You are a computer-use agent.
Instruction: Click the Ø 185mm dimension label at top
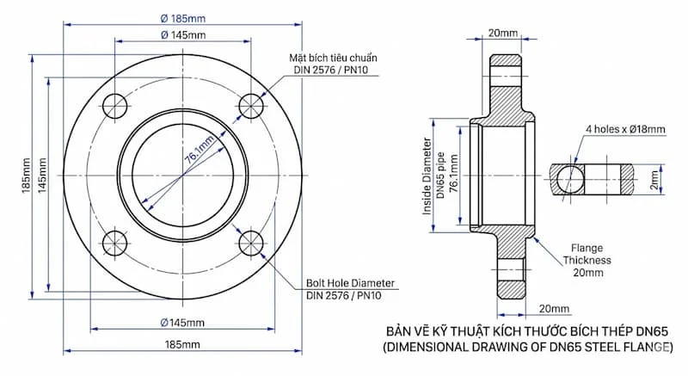(x=183, y=18)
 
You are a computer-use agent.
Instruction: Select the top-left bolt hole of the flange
(x=115, y=106)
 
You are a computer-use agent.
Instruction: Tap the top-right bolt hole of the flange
(x=251, y=106)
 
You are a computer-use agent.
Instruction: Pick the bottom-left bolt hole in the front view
(x=115, y=243)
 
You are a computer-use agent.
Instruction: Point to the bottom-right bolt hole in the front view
(x=251, y=243)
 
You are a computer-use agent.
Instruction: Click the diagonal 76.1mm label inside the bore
(x=199, y=150)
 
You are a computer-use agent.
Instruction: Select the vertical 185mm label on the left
(x=26, y=176)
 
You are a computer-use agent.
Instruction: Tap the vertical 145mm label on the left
(x=42, y=176)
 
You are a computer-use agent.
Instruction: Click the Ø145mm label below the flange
(x=182, y=323)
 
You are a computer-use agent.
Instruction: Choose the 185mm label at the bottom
(x=182, y=344)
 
